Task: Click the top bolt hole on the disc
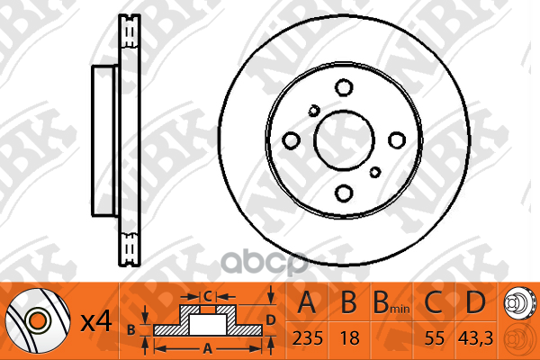point(344,87)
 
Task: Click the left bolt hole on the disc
point(291,140)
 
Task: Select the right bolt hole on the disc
point(397,139)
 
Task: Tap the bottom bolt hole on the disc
point(344,193)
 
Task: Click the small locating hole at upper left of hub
point(314,111)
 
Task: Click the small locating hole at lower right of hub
point(375,172)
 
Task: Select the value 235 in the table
point(308,338)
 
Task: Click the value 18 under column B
point(349,338)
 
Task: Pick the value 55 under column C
point(435,338)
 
